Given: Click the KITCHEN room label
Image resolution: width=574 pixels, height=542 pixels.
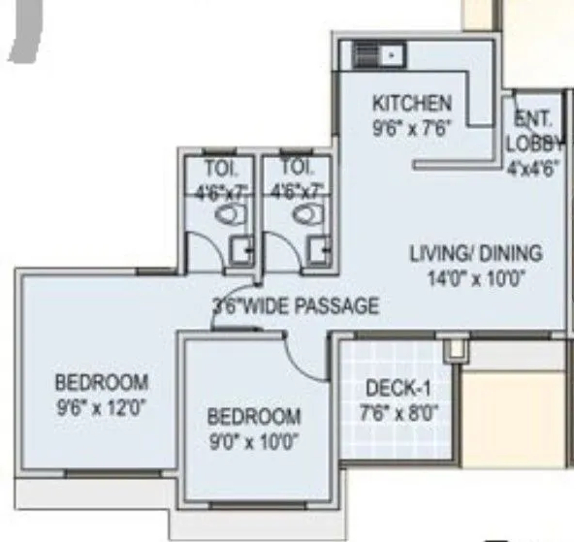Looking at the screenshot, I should pos(412,103).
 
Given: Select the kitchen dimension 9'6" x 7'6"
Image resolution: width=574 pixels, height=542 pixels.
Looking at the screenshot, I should pos(412,126).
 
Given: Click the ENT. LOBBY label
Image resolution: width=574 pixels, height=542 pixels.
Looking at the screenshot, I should pos(533,132).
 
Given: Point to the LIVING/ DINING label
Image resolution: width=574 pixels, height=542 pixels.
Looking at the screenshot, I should pos(474,254).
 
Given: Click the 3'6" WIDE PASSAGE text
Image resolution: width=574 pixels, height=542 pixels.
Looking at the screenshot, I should pos(296,306).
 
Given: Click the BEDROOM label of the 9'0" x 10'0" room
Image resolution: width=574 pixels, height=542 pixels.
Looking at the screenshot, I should pos(254,417).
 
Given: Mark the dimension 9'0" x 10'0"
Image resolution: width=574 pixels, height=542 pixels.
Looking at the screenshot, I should pos(254,441).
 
